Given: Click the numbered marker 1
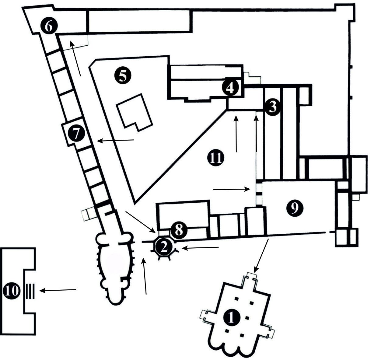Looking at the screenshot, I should (231, 318).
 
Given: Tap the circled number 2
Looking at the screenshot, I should (164, 247).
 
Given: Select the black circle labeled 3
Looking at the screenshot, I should (272, 107).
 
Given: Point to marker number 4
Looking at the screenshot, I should (230, 88).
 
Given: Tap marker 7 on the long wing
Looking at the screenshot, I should (76, 134).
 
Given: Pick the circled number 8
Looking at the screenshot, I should (178, 230).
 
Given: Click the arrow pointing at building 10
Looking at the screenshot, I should (58, 290).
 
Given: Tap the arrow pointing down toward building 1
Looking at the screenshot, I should (261, 256).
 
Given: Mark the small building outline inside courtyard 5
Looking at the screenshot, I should (134, 112).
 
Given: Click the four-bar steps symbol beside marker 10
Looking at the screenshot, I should (30, 291).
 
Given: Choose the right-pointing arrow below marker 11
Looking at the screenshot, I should (232, 189).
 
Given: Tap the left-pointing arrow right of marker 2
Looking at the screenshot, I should (200, 248).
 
